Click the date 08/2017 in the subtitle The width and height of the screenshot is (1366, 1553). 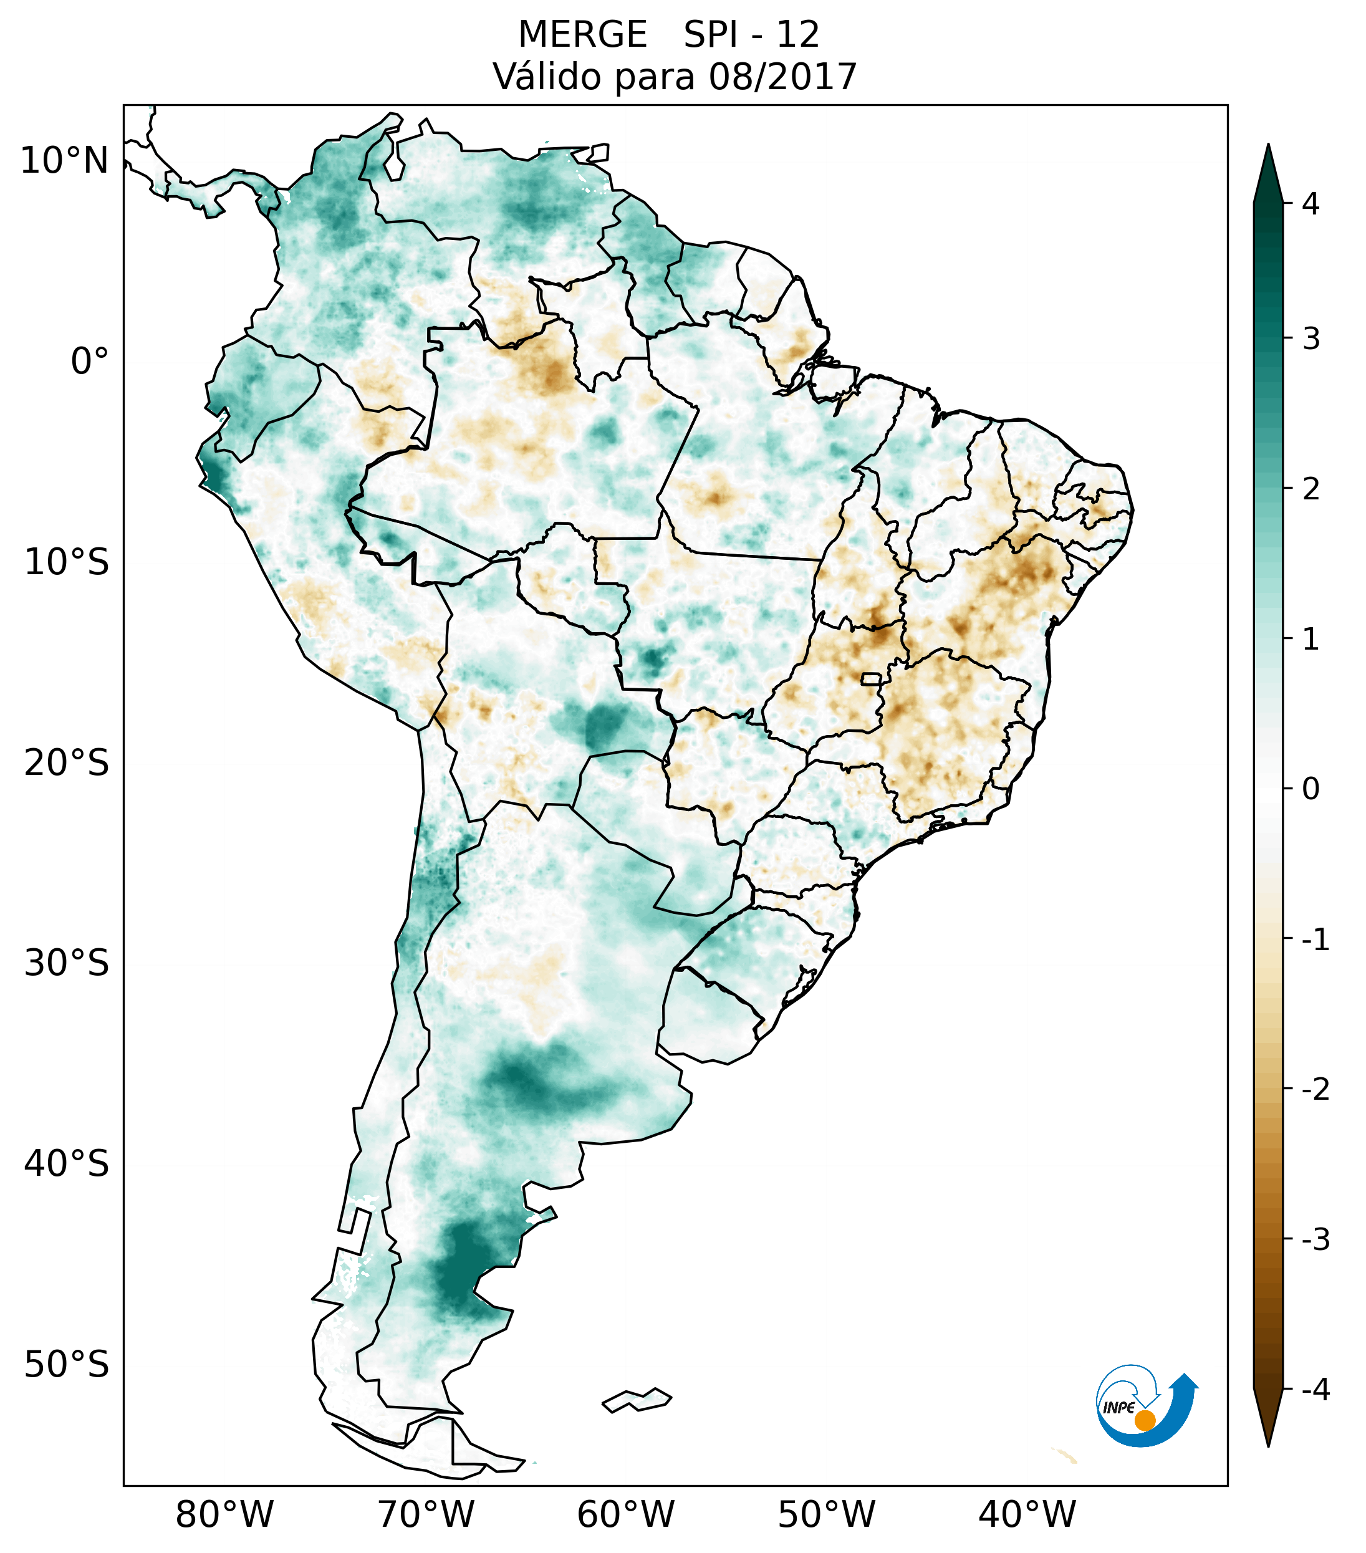pos(782,77)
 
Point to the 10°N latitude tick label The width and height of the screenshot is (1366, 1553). pos(65,161)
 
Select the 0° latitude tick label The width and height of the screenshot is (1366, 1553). pos(90,361)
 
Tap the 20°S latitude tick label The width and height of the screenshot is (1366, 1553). pos(67,763)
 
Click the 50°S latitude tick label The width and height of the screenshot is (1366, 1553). pos(67,1365)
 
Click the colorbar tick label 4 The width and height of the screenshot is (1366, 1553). pos(1311,204)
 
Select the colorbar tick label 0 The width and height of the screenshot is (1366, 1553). pos(1311,789)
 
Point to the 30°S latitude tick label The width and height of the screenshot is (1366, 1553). pos(67,963)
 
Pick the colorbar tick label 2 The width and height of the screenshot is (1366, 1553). pos(1311,489)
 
